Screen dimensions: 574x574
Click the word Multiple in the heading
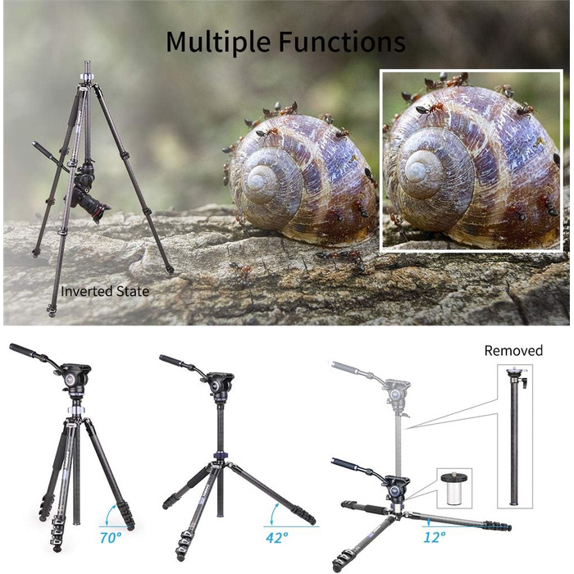pyautogui.click(x=218, y=42)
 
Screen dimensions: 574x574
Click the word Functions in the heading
pyautogui.click(x=342, y=41)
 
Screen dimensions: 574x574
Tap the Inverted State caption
pyautogui.click(x=105, y=291)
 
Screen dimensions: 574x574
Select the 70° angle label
pyautogui.click(x=111, y=538)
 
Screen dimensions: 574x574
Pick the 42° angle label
pyautogui.click(x=277, y=538)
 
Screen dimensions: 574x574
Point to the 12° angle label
pyautogui.click(x=435, y=537)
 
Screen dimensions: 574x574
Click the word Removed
pyautogui.click(x=513, y=351)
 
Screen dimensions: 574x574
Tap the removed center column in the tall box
pyautogui.click(x=515, y=435)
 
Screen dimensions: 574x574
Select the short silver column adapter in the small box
pyautogui.click(x=454, y=488)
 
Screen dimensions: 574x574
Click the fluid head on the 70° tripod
pyautogui.click(x=75, y=379)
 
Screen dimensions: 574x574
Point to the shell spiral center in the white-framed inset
pyautogui.click(x=417, y=171)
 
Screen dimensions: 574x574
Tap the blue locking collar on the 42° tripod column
pyautogui.click(x=221, y=455)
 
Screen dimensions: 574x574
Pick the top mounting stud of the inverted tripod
pyautogui.click(x=88, y=67)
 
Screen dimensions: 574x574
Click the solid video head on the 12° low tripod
pyautogui.click(x=395, y=488)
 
